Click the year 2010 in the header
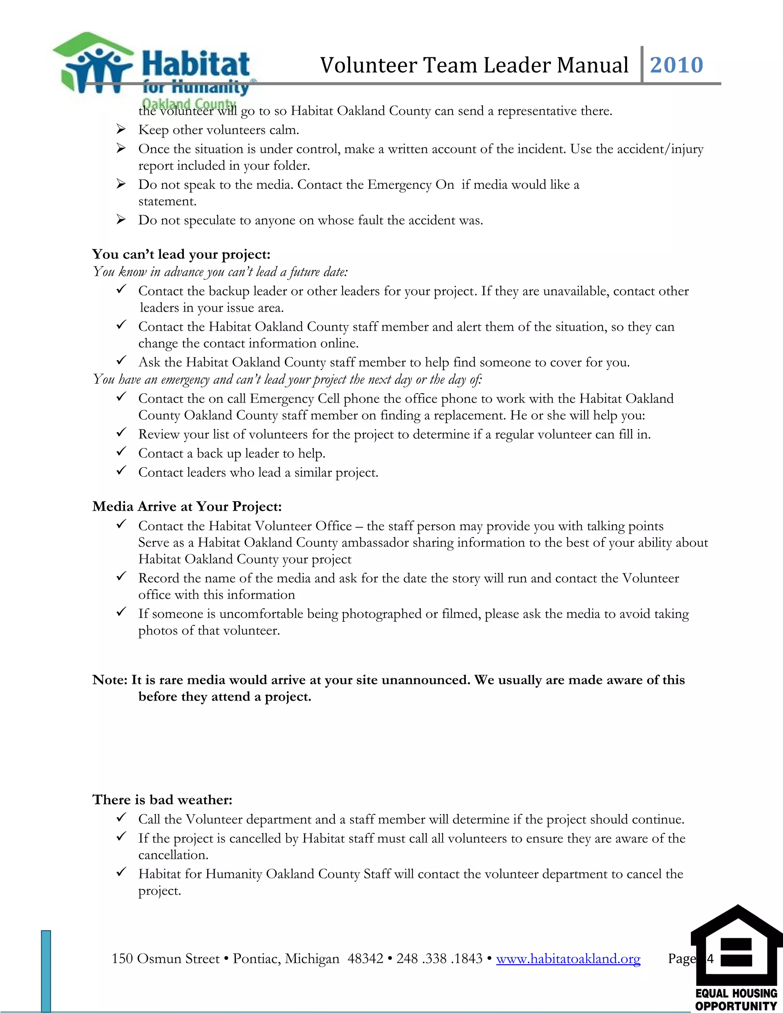[x=676, y=65]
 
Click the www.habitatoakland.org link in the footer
[x=568, y=959]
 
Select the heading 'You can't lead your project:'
[x=181, y=254]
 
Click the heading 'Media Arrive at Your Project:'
[x=187, y=506]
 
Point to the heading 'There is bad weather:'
[x=162, y=800]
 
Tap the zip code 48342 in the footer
[x=365, y=959]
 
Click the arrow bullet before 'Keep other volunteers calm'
[x=121, y=130]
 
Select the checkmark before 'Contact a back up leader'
[x=121, y=453]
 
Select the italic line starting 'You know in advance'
[x=220, y=272]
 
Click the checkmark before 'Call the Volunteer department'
[x=121, y=819]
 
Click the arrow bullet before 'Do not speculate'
[x=121, y=220]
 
